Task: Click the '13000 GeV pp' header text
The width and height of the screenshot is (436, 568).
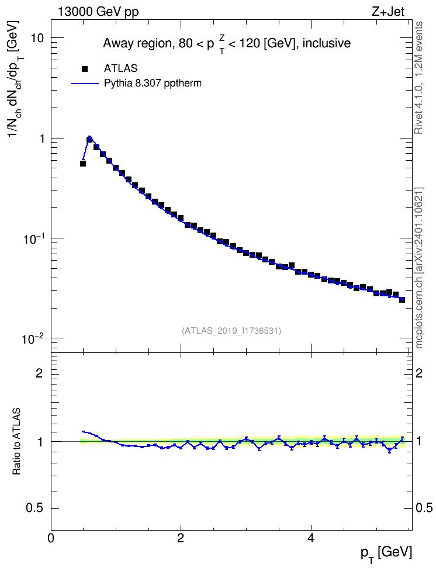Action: [98, 12]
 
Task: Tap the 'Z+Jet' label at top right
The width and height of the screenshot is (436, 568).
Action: [388, 12]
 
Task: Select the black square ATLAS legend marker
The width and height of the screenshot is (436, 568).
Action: [85, 68]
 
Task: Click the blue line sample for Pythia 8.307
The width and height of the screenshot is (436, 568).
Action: [85, 84]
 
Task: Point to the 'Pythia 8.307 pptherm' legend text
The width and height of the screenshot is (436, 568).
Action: [153, 84]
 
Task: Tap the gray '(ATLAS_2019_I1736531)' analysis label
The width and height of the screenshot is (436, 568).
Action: [231, 330]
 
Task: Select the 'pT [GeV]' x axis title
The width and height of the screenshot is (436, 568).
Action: [386, 554]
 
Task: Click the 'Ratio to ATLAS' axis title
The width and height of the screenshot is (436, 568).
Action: [16, 441]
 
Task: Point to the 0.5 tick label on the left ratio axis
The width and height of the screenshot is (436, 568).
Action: [35, 508]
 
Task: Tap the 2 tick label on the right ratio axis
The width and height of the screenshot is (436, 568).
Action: [419, 373]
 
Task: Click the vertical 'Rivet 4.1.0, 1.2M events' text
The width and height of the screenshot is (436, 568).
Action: [418, 78]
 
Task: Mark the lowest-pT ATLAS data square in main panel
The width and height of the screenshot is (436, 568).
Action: [83, 164]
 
